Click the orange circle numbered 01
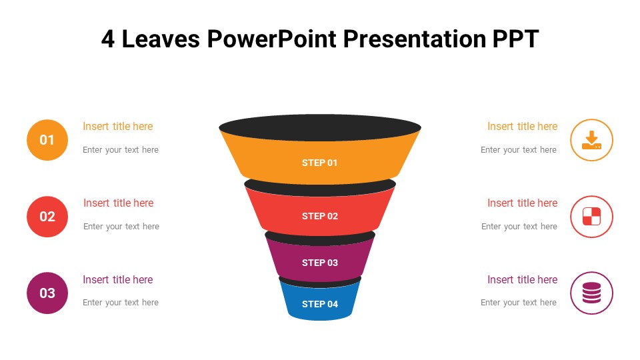pyautogui.click(x=47, y=140)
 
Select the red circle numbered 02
pyautogui.click(x=47, y=217)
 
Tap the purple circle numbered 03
pyautogui.click(x=47, y=293)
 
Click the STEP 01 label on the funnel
pyautogui.click(x=319, y=163)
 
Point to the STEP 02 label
pyautogui.click(x=319, y=216)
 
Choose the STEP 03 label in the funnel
pyautogui.click(x=319, y=263)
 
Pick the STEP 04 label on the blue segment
pyautogui.click(x=319, y=304)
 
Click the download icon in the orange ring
pyautogui.click(x=591, y=140)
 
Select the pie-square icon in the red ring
pyautogui.click(x=591, y=216)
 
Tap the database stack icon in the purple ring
pyautogui.click(x=591, y=293)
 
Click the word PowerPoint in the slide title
pyautogui.click(x=272, y=39)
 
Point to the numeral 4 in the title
pyautogui.click(x=108, y=39)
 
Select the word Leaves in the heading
pyautogui.click(x=161, y=39)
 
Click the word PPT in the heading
pyautogui.click(x=515, y=39)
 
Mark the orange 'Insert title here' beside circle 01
pyautogui.click(x=117, y=127)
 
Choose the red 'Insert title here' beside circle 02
pyautogui.click(x=119, y=203)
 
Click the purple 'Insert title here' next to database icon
pyautogui.click(x=523, y=279)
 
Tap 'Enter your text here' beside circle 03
pyautogui.click(x=121, y=303)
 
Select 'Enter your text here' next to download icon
pyautogui.click(x=519, y=150)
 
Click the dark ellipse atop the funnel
pyautogui.click(x=320, y=128)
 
